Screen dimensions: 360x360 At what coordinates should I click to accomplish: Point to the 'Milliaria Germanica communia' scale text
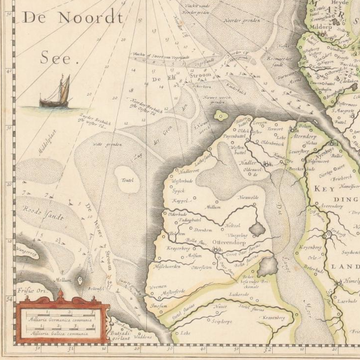tap(60, 320)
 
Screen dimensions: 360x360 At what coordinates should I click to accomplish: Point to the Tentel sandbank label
tap(128, 180)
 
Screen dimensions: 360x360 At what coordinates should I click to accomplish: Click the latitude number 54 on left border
tap(8, 299)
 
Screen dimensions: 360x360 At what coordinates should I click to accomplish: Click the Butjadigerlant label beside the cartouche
tap(123, 337)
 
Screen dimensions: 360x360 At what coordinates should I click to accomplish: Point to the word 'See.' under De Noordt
tap(60, 59)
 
